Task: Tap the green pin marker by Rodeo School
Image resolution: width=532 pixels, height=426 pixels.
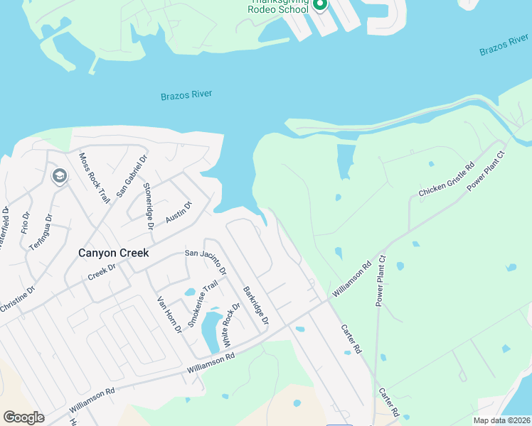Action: [319, 6]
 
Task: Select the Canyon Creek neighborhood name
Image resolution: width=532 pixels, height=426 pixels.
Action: [113, 253]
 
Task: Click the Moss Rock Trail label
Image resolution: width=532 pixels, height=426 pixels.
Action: [94, 178]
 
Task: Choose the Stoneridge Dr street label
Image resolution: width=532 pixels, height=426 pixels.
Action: [148, 207]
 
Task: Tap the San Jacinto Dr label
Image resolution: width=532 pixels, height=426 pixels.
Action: [206, 261]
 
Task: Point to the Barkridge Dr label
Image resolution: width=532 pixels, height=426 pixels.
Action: [255, 306]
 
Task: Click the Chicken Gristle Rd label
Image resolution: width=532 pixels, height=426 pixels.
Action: [446, 180]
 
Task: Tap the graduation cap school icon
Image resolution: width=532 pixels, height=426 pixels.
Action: [59, 175]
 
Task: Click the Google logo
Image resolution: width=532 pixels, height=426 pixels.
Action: [23, 417]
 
